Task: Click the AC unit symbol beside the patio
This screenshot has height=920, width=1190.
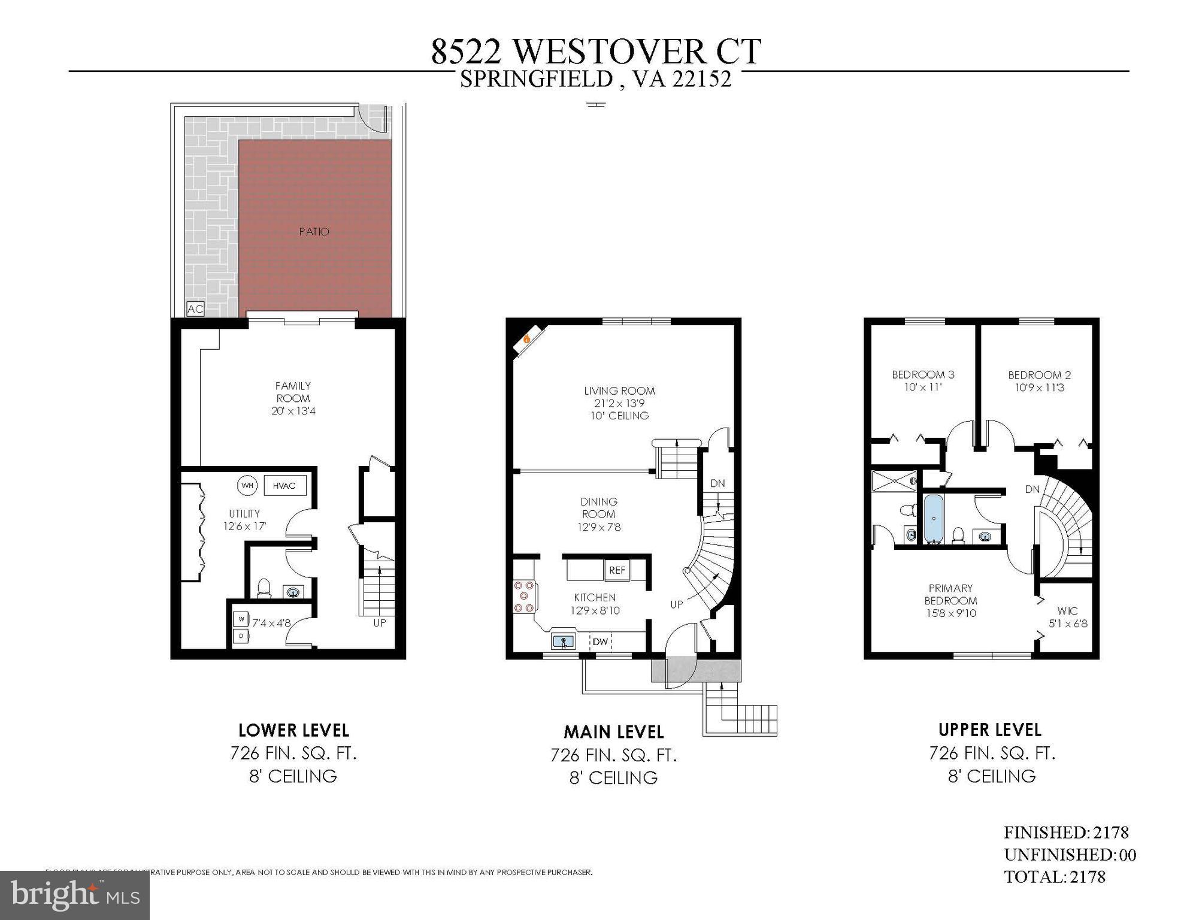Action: [195, 309]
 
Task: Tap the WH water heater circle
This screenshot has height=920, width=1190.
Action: [247, 485]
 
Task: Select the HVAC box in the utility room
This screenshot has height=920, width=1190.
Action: [284, 485]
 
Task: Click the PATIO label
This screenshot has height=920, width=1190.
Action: [314, 232]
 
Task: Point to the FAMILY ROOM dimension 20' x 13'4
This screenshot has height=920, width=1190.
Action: [293, 411]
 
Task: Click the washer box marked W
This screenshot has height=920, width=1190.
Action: [241, 618]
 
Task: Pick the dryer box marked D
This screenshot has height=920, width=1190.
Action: [241, 635]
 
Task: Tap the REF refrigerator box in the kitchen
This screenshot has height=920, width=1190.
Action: [617, 570]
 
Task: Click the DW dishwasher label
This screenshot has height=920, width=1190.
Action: [600, 642]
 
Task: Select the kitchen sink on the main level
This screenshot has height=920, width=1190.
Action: [563, 642]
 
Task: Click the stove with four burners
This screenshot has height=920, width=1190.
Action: [524, 597]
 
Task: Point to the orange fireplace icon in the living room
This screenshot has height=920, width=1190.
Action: [526, 340]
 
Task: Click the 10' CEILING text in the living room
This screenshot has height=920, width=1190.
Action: [619, 416]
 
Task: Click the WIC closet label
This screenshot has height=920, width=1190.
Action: [1067, 611]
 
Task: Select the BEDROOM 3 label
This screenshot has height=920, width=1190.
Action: [923, 375]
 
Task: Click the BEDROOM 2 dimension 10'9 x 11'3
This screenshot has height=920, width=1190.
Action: [1039, 388]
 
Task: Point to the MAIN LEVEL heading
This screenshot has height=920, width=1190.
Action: [613, 732]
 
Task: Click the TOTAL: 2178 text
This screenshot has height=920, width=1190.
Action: [1054, 877]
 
